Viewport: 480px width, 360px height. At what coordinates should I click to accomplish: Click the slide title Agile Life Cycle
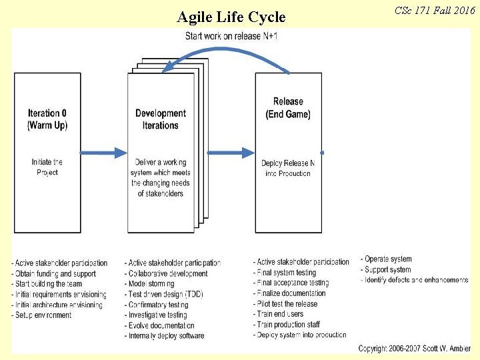coord(231,17)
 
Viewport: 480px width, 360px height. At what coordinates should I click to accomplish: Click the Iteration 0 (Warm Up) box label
coord(47,119)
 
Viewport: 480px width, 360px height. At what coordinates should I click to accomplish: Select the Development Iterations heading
coord(161,119)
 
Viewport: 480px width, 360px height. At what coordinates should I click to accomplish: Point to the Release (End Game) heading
coord(288,108)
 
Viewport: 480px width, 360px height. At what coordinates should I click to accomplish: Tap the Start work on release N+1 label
coord(231,35)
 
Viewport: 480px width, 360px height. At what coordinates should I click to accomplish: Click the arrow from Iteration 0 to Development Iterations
coord(103,153)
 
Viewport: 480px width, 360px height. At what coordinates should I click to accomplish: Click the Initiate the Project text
coord(47,167)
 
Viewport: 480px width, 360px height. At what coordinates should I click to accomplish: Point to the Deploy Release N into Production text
coord(287,168)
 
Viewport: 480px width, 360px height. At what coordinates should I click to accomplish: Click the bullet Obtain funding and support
coord(54,273)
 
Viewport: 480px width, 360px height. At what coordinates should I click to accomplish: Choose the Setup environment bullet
coord(41,315)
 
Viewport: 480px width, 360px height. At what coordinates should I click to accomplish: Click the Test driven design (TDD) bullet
coord(165,295)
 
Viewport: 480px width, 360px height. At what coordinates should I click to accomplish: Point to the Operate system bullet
coord(387,259)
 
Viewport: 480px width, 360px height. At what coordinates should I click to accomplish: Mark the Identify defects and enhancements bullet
coord(415,281)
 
